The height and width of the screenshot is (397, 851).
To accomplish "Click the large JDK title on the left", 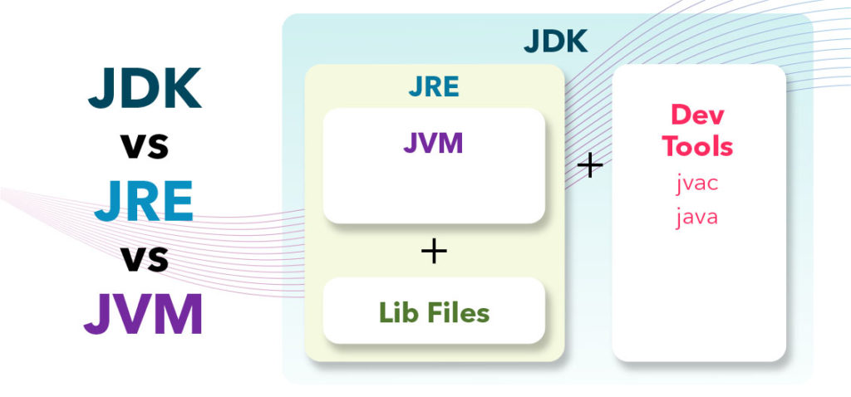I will (144, 88).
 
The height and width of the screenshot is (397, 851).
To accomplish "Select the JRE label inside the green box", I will (433, 86).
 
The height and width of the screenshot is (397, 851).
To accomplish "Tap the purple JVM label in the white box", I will (433, 143).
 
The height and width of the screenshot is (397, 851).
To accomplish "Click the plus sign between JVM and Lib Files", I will (433, 251).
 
